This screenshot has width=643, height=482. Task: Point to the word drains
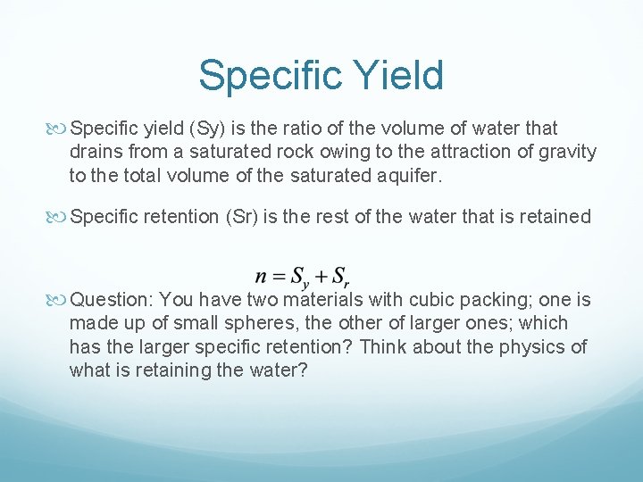point(96,152)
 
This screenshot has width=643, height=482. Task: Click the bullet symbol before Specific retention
point(59,216)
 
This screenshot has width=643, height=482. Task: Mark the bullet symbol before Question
point(59,299)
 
